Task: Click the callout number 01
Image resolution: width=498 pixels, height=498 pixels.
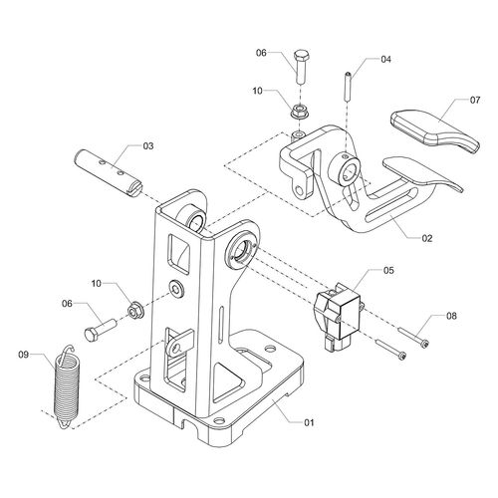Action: tap(309, 422)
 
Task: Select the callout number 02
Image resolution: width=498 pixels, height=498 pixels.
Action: tap(427, 238)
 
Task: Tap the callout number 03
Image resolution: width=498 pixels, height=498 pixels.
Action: tap(148, 145)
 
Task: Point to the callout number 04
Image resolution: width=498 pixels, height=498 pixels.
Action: tap(385, 60)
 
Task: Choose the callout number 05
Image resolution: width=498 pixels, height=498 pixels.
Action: tap(388, 270)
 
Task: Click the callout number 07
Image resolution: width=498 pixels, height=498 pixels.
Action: tap(475, 100)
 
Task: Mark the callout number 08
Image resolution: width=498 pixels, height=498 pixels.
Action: tap(451, 316)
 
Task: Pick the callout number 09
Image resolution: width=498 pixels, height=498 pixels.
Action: tap(24, 355)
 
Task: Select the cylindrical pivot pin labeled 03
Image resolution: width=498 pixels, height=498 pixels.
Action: tap(108, 173)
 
